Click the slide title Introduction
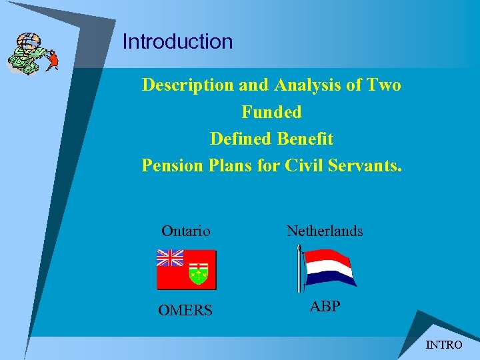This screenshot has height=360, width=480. click(x=177, y=41)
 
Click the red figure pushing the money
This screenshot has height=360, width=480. click(x=52, y=61)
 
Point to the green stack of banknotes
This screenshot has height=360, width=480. click(x=22, y=62)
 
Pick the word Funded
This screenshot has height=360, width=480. click(x=271, y=112)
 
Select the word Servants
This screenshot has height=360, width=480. click(x=365, y=165)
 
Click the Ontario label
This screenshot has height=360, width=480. click(x=186, y=231)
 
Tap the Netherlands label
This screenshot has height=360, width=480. click(x=325, y=231)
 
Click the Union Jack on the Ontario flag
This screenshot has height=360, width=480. click(x=170, y=258)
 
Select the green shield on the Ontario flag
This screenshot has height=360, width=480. click(x=199, y=273)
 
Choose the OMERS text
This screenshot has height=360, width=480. click(x=186, y=311)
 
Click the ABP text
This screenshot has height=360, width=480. click(x=325, y=307)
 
